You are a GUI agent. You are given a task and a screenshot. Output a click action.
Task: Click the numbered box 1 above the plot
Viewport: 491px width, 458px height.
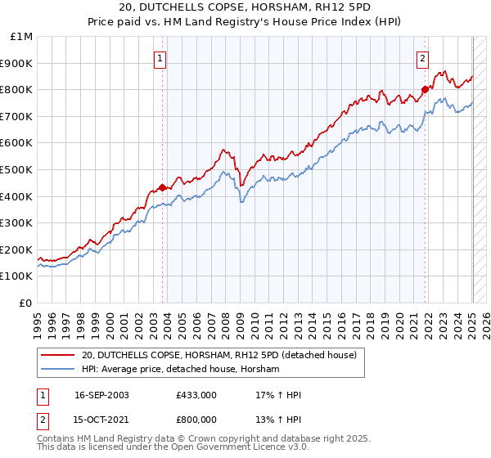(160, 57)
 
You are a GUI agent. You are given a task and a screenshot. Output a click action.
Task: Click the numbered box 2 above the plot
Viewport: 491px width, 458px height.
(422, 57)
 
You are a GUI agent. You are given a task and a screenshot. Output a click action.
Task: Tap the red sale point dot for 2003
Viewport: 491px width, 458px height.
(162, 187)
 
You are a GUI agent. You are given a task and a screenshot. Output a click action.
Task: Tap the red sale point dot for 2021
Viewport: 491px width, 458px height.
(425, 90)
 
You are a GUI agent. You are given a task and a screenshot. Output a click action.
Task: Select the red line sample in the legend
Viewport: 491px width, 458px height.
(58, 356)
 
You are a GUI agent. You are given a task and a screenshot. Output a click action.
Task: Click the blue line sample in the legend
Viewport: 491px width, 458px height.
(58, 370)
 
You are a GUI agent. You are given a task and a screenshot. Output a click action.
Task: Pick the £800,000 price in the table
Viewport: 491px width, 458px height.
(196, 420)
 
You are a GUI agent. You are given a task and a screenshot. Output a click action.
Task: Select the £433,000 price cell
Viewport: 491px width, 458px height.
(196, 395)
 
